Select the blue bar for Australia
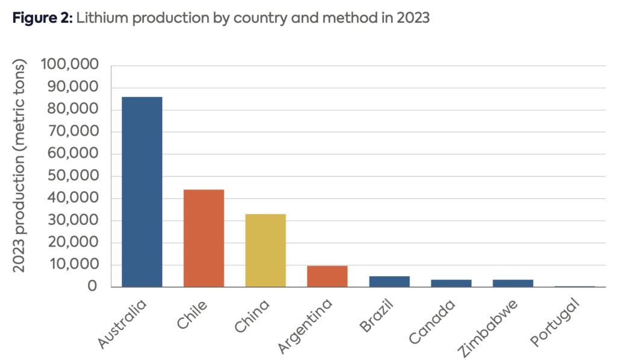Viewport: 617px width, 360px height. coord(142,192)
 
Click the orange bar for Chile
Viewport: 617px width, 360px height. coord(204,238)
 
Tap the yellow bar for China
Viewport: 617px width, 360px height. coord(265,250)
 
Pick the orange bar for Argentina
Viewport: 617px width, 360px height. coord(327,276)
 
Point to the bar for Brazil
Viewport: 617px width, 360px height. coord(389,282)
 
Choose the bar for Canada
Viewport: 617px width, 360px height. coord(451,283)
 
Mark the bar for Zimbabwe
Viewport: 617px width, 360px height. coord(512,283)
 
